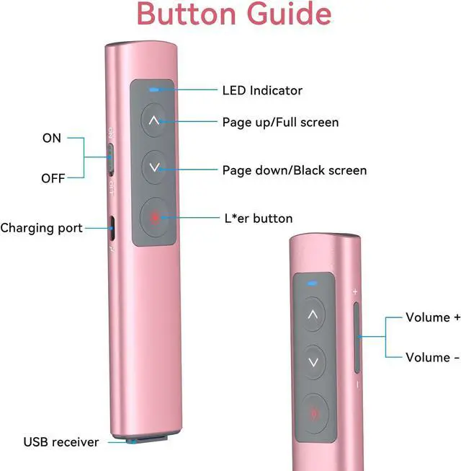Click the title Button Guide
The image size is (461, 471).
pyautogui.click(x=234, y=14)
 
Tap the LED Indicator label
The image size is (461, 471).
pyautogui.click(x=262, y=90)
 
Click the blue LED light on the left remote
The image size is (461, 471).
pyautogui.click(x=154, y=89)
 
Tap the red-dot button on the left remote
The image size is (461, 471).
pyautogui.click(x=155, y=217)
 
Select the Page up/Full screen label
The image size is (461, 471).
pyautogui.click(x=280, y=122)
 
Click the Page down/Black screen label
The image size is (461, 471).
pyautogui.click(x=295, y=170)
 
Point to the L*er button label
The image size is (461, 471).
pyautogui.click(x=259, y=219)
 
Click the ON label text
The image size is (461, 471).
pyautogui.click(x=52, y=138)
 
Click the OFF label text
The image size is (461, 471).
pyautogui.click(x=53, y=178)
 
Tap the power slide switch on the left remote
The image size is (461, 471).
pyautogui.click(x=111, y=159)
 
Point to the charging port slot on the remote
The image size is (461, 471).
pyautogui.click(x=112, y=228)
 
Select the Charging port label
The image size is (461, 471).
pyautogui.click(x=41, y=228)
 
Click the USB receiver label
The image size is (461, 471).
pyautogui.click(x=61, y=442)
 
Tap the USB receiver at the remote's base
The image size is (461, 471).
pyautogui.click(x=147, y=440)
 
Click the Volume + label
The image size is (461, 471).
pyautogui.click(x=433, y=317)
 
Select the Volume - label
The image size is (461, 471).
pyautogui.click(x=432, y=358)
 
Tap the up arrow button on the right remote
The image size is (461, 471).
pyautogui.click(x=313, y=314)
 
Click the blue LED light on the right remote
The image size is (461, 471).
pyautogui.click(x=312, y=283)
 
